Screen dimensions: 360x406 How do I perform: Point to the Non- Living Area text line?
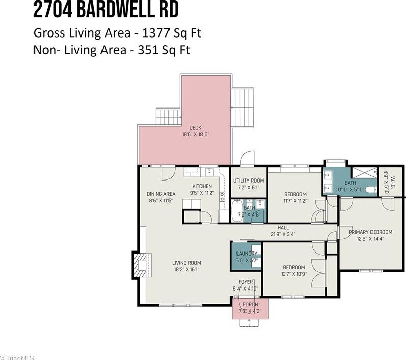point(111,50)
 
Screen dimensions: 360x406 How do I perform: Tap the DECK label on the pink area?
point(195,127)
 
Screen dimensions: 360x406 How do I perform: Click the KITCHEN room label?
point(202,186)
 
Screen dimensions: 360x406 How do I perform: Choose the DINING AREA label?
point(161,194)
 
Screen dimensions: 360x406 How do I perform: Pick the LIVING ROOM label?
point(187,263)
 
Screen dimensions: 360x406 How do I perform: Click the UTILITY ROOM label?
point(249,181)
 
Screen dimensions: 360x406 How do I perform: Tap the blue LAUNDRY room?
point(246,256)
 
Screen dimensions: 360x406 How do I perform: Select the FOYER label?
point(246,282)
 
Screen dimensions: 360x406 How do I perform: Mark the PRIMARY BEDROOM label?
point(370,232)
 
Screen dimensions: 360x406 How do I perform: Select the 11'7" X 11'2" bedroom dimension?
point(295,201)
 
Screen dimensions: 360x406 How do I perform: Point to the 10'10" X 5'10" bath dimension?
point(350,189)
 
